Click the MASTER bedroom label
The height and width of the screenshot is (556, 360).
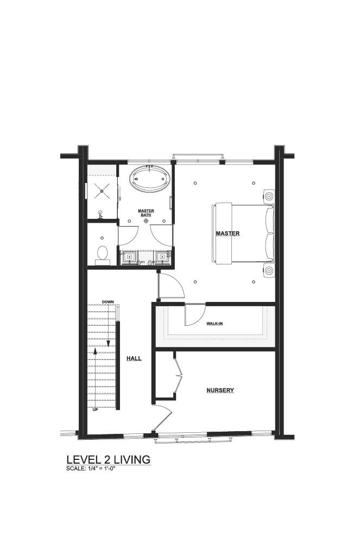point(228,233)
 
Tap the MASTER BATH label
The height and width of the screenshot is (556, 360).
point(146,213)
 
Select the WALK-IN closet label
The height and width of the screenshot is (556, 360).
point(214,324)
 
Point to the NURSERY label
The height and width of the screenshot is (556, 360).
point(220,390)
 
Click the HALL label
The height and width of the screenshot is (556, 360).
point(134,358)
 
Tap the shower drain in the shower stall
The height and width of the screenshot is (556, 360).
point(102,191)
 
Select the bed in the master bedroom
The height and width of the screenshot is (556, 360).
point(243,233)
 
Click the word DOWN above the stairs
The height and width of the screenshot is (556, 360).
point(108,302)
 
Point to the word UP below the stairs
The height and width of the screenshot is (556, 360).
point(95,410)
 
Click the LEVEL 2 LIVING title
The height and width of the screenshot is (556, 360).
point(109,459)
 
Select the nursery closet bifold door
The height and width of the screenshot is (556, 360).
point(179,376)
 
